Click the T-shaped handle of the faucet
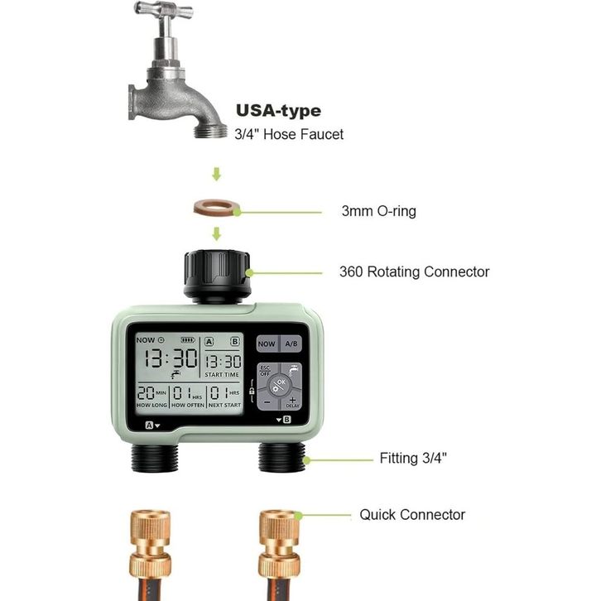[164, 11]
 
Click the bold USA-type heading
[279, 111]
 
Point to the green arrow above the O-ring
[217, 174]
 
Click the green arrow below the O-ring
[217, 233]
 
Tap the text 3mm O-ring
[378, 211]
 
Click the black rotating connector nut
[218, 276]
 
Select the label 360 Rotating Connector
[415, 272]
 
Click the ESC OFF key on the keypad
[265, 371]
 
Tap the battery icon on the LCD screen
[188, 340]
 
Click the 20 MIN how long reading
[151, 393]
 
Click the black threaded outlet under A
[155, 457]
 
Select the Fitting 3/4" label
[413, 458]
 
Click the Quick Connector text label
[412, 515]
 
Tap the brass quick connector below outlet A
[151, 544]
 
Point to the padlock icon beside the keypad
[252, 392]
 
